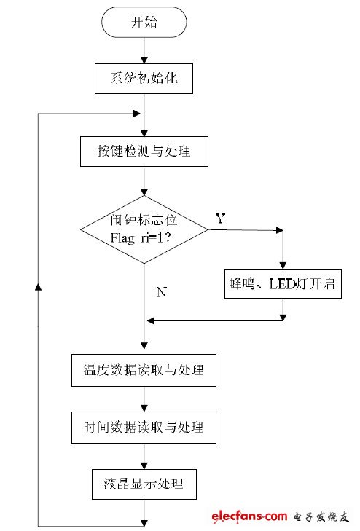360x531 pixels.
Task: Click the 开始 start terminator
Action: pos(144,22)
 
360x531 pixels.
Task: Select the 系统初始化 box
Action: pos(144,79)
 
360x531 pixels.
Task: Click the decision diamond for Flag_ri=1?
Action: pos(144,229)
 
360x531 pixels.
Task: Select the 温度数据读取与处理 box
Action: pos(144,370)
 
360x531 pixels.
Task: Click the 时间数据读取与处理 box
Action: pos(144,427)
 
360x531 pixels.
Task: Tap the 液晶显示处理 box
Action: pos(144,483)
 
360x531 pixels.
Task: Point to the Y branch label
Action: pos(220,219)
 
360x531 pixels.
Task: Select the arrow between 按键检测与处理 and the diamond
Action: pos(144,181)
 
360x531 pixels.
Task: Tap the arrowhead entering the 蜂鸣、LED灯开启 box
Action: pos(283,265)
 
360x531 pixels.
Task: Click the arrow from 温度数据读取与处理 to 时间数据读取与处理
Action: pos(144,399)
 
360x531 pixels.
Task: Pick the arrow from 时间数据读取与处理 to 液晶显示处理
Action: pos(144,455)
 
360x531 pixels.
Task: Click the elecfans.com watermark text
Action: pos(250,516)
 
